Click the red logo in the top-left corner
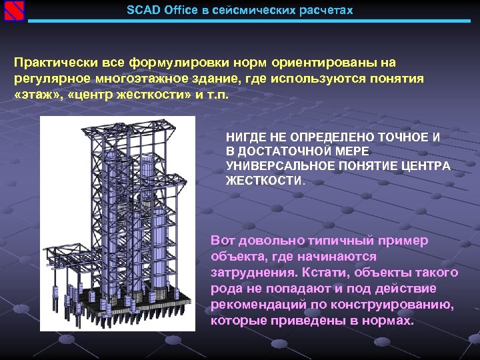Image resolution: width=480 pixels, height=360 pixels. coord(13,11)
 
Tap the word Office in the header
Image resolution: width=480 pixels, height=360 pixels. coord(176,11)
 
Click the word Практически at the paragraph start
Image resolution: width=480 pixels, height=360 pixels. coord(56,63)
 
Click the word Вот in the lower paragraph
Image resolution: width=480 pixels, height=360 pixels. coord(223,241)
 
